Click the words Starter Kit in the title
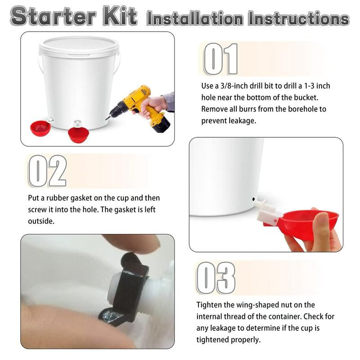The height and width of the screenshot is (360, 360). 74,17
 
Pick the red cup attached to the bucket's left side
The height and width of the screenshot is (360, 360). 40,127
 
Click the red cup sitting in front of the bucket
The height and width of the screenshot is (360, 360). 79,134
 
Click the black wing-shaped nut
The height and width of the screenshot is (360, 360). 128,288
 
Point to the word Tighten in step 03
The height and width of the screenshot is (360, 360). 210,305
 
